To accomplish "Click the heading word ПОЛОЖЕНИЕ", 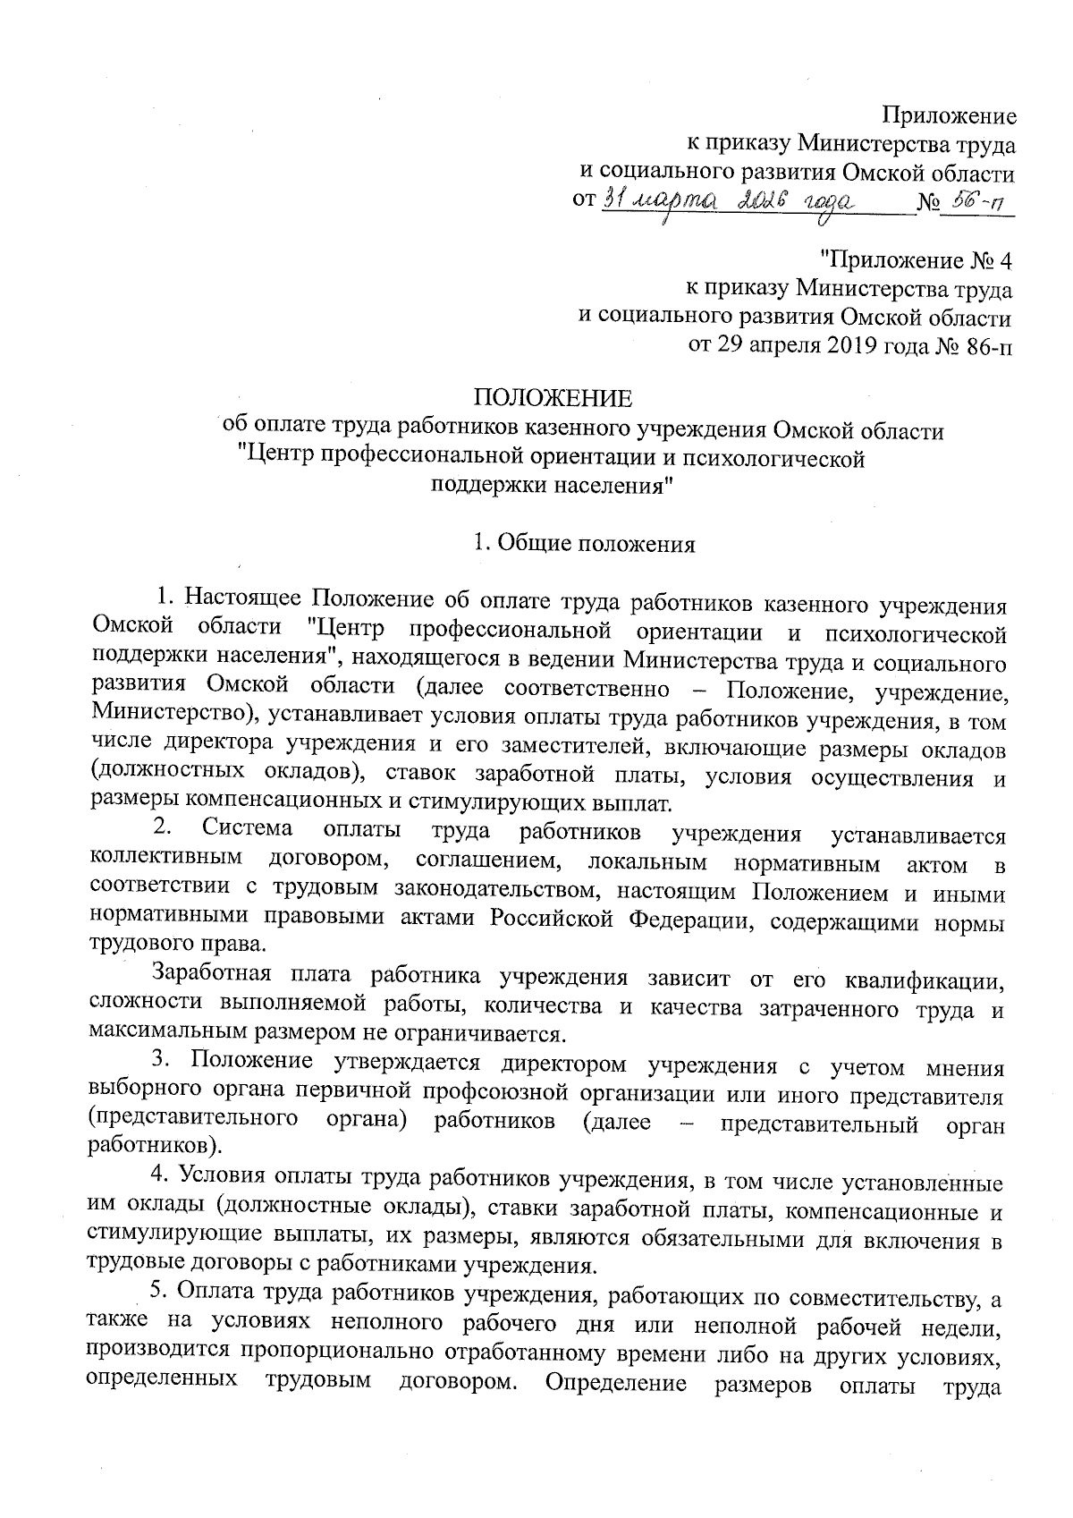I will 552,397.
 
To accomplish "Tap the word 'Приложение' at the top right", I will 949,115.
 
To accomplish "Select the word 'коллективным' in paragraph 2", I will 167,859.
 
